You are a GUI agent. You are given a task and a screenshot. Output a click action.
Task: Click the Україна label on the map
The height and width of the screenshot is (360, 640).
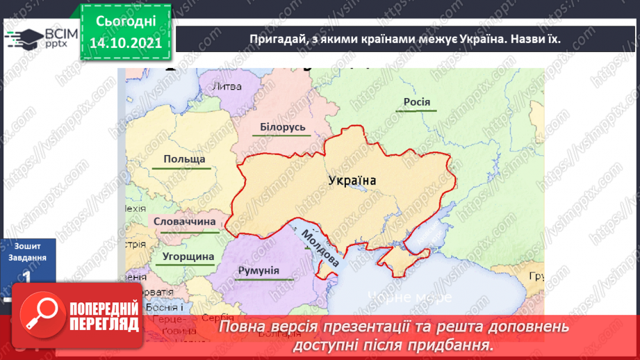pos(352,180)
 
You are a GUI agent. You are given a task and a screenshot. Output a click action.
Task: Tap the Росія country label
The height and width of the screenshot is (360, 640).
pos(417,103)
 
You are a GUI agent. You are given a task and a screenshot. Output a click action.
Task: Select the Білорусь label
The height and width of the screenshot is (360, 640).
pos(283,128)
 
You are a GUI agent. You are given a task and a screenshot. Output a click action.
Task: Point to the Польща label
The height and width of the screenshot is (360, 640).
pos(184,160)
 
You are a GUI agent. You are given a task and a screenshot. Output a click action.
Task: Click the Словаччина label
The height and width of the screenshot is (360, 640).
pos(184,222)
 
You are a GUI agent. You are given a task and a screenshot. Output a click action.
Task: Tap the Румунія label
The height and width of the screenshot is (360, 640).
pos(257,271)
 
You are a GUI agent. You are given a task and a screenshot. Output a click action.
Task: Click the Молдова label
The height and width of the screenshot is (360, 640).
pos(320,247)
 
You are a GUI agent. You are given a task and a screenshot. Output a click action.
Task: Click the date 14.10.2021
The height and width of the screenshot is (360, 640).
pos(125,42)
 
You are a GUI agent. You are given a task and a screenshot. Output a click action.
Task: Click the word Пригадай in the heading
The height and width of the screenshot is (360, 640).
pos(276,39)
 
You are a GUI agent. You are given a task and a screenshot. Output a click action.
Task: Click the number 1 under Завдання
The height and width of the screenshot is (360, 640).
pos(26,277)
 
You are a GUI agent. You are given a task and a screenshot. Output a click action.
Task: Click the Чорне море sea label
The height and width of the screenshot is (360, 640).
pos(410,297)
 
